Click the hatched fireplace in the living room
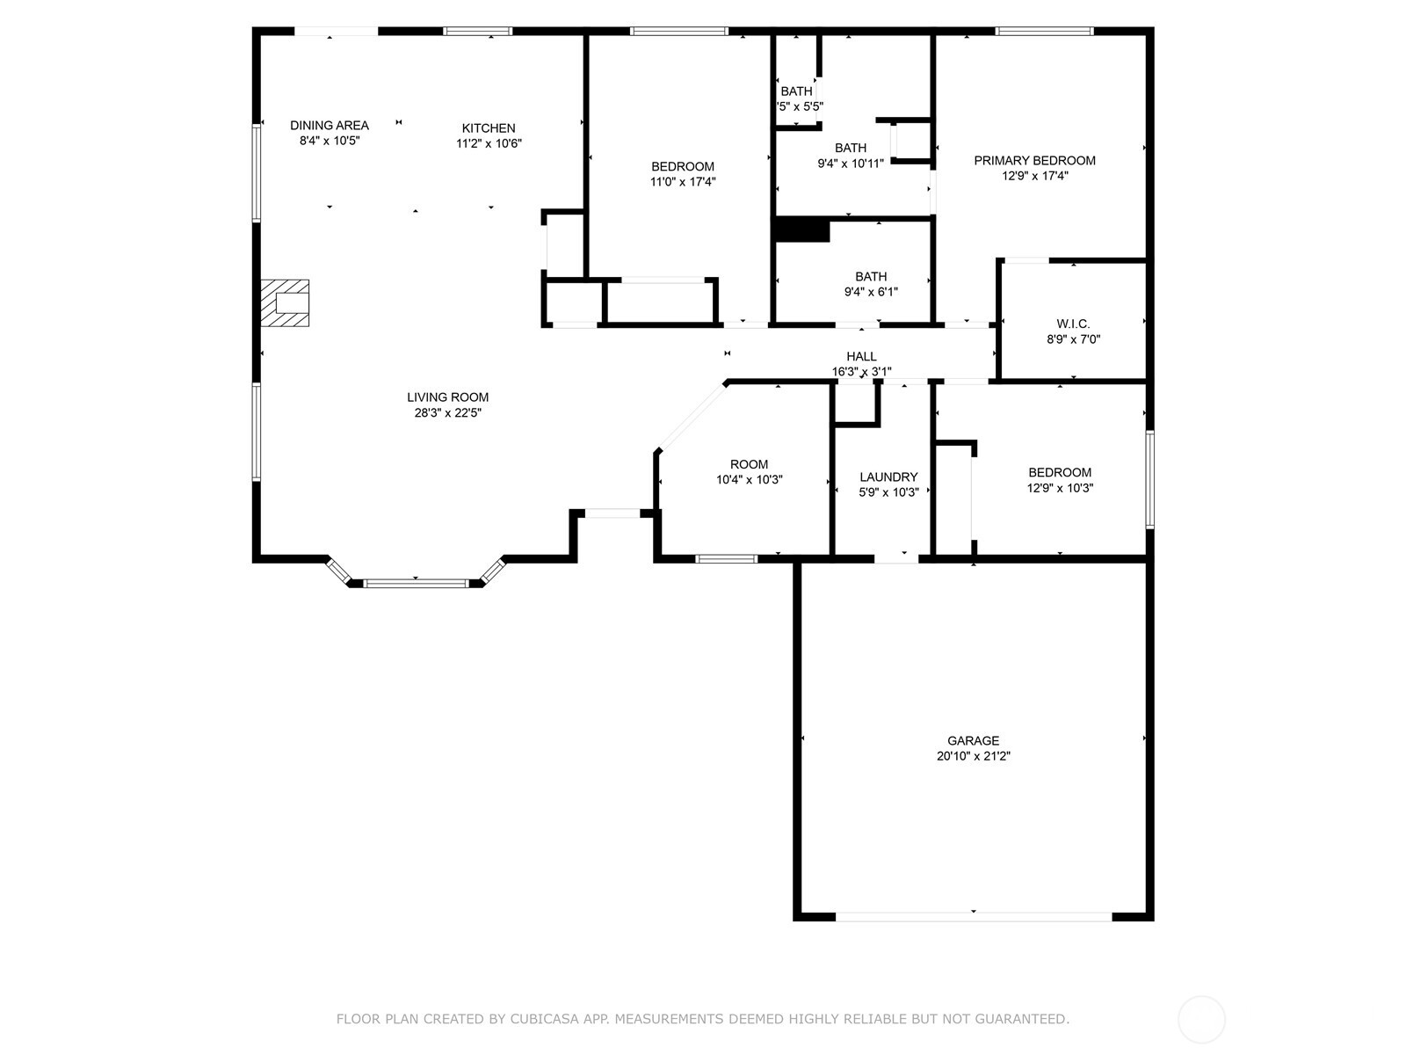tap(285, 303)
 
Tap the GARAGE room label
tap(973, 740)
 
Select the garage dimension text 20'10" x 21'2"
tap(973, 756)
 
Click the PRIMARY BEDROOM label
tap(1034, 160)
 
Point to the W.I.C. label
tap(1073, 324)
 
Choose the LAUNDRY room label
tap(888, 477)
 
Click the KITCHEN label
tap(489, 127)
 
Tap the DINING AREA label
tap(330, 125)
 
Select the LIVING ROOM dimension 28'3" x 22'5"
tap(448, 412)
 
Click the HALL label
tap(861, 356)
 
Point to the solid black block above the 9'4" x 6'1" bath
tap(801, 229)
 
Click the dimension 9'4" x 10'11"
tap(851, 164)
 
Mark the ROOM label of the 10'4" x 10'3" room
tap(749, 464)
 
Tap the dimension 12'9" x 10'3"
tap(1060, 488)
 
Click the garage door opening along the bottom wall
tap(973, 916)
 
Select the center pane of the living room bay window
tap(417, 582)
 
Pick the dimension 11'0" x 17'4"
tap(683, 182)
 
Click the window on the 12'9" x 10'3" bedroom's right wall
tap(1149, 479)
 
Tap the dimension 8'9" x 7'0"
tap(1073, 339)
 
